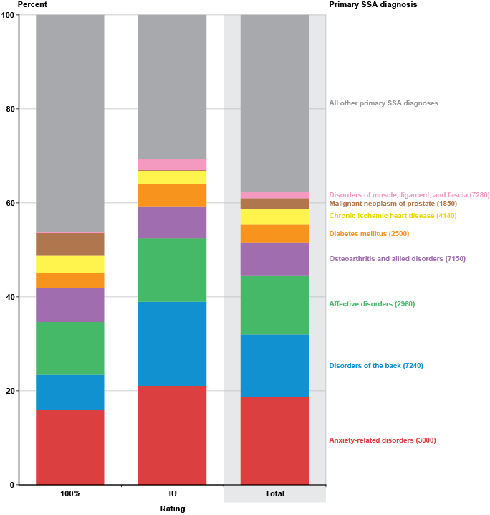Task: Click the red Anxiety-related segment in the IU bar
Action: click(172, 435)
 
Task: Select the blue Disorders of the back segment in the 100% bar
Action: click(70, 392)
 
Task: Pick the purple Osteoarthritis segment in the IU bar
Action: click(172, 222)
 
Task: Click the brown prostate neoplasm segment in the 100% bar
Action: click(70, 244)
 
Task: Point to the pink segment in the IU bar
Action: click(172, 164)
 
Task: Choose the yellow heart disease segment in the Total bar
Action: click(274, 217)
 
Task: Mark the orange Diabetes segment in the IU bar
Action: click(172, 195)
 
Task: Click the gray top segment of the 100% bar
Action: click(70, 122)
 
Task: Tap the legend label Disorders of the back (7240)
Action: click(376, 366)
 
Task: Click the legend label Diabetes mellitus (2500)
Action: click(369, 234)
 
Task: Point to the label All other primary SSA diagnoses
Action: click(383, 103)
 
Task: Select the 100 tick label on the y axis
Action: click(7, 15)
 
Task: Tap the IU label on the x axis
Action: click(173, 494)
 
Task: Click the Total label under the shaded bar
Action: click(274, 494)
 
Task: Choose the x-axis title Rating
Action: click(173, 509)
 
